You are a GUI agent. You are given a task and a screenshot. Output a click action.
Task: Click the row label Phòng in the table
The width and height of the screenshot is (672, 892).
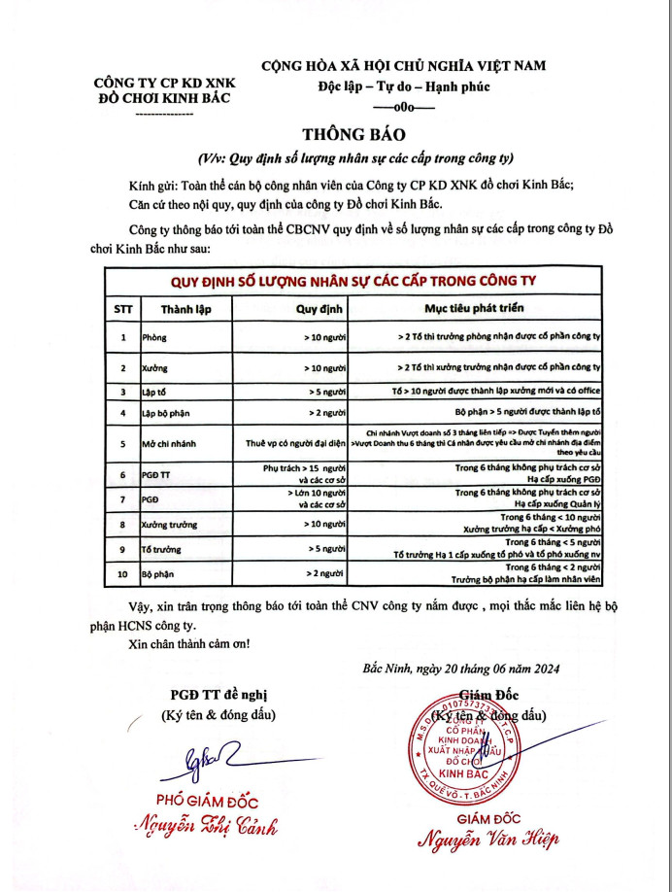154,338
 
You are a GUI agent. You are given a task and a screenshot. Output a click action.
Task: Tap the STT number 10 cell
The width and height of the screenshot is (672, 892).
122,575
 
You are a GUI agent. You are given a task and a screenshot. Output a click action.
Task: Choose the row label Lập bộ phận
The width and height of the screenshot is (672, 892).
166,413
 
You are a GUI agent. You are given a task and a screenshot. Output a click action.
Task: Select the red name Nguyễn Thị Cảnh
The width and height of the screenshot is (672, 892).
206,827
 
